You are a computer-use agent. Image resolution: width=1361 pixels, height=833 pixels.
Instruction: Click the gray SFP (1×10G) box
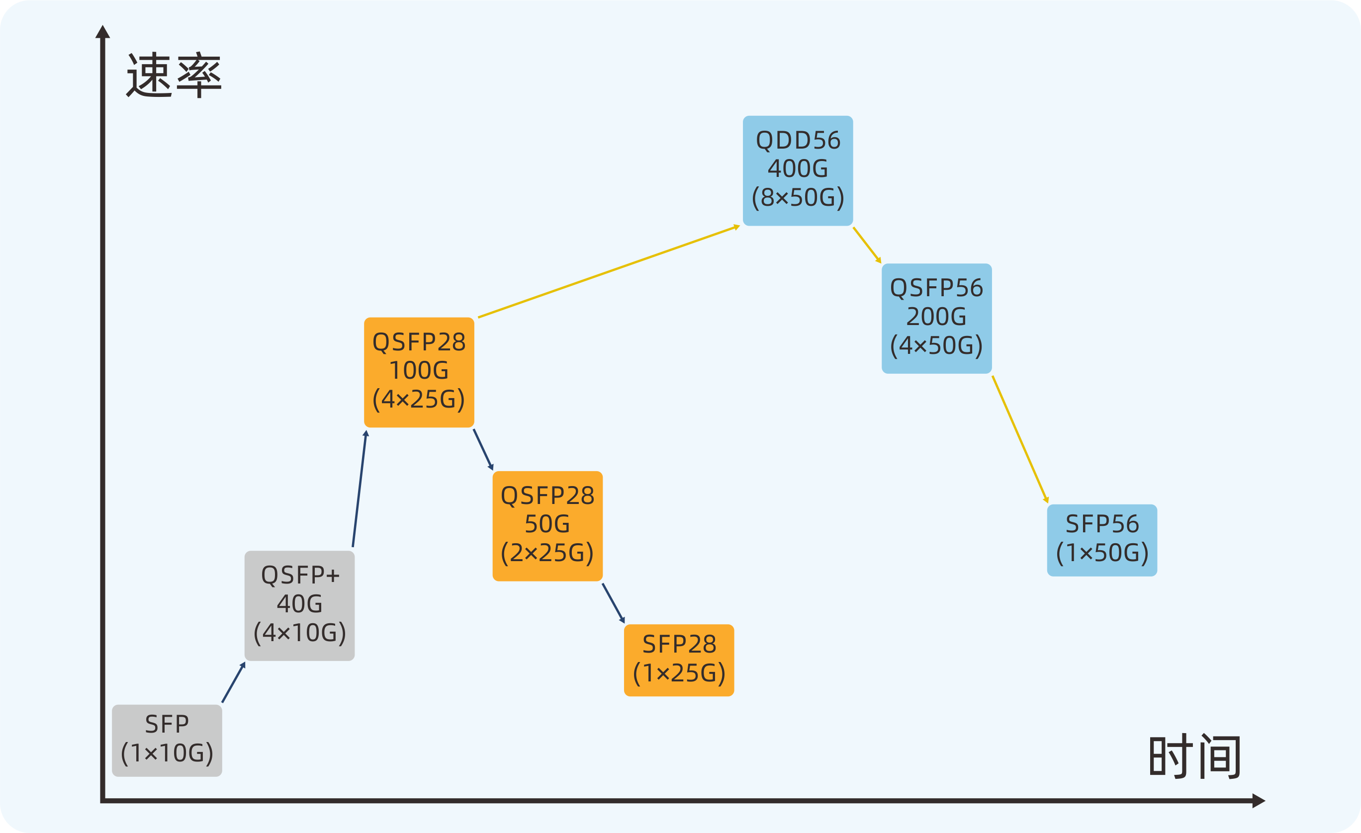point(167,740)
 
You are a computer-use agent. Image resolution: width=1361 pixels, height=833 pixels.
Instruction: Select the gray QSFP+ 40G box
point(299,605)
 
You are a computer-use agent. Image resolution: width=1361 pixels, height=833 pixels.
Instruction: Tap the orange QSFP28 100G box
point(419,372)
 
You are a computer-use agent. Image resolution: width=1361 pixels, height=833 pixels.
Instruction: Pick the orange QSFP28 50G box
point(547,525)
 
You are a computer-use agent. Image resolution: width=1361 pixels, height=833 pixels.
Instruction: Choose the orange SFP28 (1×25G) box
point(679,660)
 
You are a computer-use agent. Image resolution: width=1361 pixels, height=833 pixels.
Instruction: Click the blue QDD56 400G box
point(798,170)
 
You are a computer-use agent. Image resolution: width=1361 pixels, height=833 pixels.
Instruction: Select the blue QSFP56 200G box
point(936,319)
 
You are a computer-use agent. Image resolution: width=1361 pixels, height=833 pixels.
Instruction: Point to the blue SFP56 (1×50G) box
point(1102,540)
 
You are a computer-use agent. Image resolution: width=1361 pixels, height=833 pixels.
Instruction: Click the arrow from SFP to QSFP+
point(233,683)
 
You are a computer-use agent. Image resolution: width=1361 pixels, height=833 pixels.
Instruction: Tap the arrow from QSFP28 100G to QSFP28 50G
point(483,449)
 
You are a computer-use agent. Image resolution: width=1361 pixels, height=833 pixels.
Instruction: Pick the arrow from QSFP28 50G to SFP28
point(613,603)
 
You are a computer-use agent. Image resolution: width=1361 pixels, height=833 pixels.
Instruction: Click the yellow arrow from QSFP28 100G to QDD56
point(608,271)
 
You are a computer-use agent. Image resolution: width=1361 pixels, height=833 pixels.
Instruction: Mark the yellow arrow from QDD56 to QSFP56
point(867,245)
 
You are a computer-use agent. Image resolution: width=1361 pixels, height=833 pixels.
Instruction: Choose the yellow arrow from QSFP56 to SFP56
point(1020,439)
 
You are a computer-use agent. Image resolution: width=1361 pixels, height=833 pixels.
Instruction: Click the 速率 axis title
point(174,75)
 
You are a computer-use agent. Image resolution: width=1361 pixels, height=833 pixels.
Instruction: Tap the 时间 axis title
point(1195,756)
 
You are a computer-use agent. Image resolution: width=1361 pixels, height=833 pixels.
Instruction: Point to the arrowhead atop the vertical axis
point(103,32)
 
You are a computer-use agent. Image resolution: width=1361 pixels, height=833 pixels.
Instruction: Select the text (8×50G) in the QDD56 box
point(798,198)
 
